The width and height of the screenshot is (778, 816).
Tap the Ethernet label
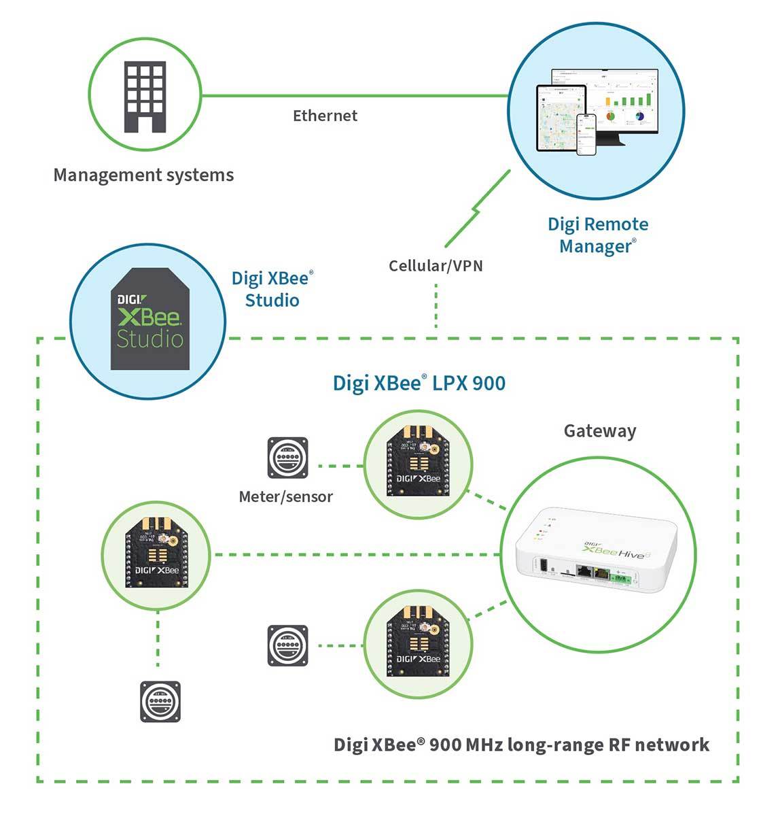325,116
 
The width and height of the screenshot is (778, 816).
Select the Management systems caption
143,175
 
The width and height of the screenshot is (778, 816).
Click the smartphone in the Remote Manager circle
586,134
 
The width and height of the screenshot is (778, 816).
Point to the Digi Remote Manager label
598,235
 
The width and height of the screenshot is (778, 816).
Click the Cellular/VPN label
436,265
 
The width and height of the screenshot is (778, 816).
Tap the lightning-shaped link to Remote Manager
478,209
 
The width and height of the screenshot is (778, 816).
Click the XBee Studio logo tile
149,320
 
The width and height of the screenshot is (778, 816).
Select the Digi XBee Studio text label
272,289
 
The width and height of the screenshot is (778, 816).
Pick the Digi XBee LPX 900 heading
419,383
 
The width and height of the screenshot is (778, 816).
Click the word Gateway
600,430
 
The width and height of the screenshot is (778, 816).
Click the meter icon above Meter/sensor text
287,458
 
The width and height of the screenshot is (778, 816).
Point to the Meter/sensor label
286,496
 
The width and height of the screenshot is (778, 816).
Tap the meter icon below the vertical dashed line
160,701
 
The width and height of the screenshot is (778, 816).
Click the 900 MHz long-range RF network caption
521,745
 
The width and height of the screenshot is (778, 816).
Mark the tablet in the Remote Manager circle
561,118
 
